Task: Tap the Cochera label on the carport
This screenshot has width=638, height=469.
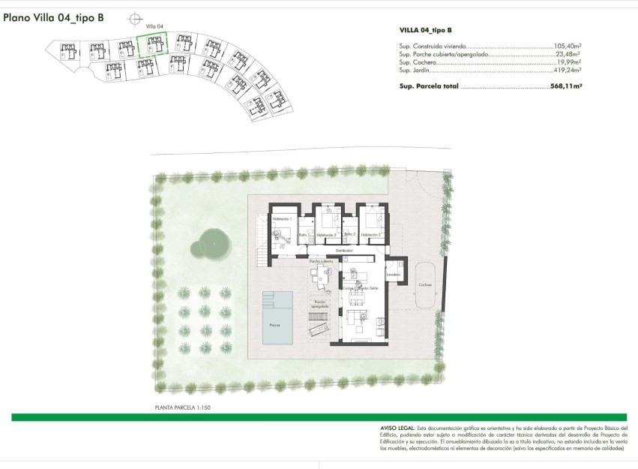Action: (x=425, y=285)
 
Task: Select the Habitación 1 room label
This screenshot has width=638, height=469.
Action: (x=282, y=218)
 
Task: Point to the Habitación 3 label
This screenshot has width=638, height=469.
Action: (x=371, y=235)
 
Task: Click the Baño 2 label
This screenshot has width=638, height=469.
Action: (x=349, y=234)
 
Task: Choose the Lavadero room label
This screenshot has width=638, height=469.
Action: (x=394, y=275)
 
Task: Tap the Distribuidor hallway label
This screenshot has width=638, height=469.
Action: (x=344, y=250)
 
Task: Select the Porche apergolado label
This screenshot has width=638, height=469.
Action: (x=319, y=303)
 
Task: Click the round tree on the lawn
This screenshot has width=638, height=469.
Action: (x=212, y=242)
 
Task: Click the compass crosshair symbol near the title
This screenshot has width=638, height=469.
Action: (x=134, y=18)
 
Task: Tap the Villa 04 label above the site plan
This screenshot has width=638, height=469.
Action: (x=154, y=26)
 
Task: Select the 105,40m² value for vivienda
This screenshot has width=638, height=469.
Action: (x=568, y=46)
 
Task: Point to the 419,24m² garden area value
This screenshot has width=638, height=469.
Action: (x=568, y=70)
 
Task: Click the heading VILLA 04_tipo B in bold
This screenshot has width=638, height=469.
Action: (x=426, y=30)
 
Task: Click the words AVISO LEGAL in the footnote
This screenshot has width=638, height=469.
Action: (x=397, y=428)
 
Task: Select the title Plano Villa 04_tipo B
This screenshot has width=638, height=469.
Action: (x=53, y=20)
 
